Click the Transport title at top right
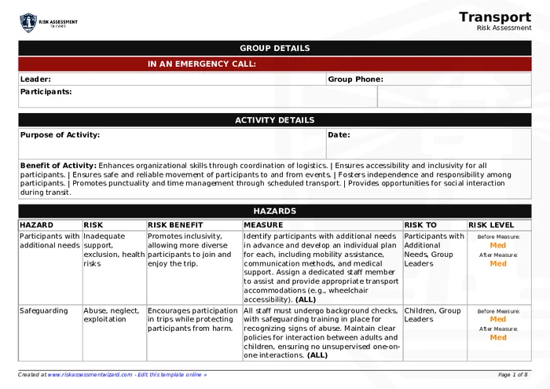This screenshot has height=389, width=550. [495, 17]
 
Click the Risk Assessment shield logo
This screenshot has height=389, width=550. [28, 22]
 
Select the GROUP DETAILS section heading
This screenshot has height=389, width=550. [274, 48]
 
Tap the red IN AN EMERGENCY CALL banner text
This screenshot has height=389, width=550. [202, 64]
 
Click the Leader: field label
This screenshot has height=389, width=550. [35, 79]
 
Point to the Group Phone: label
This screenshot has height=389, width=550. [355, 79]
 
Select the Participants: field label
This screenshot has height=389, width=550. [46, 92]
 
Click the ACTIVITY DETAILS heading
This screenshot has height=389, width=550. [274, 120]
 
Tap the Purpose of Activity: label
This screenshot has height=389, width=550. [60, 135]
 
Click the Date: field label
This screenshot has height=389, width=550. [339, 135]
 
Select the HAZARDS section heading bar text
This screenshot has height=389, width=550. [274, 211]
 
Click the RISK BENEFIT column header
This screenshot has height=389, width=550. [175, 225]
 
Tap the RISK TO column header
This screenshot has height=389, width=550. [420, 225]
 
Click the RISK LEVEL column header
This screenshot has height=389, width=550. [491, 225]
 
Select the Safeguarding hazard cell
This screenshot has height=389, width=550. [43, 311]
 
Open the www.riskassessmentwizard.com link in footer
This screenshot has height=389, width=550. [89, 375]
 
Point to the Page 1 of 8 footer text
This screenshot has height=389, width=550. [512, 375]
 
